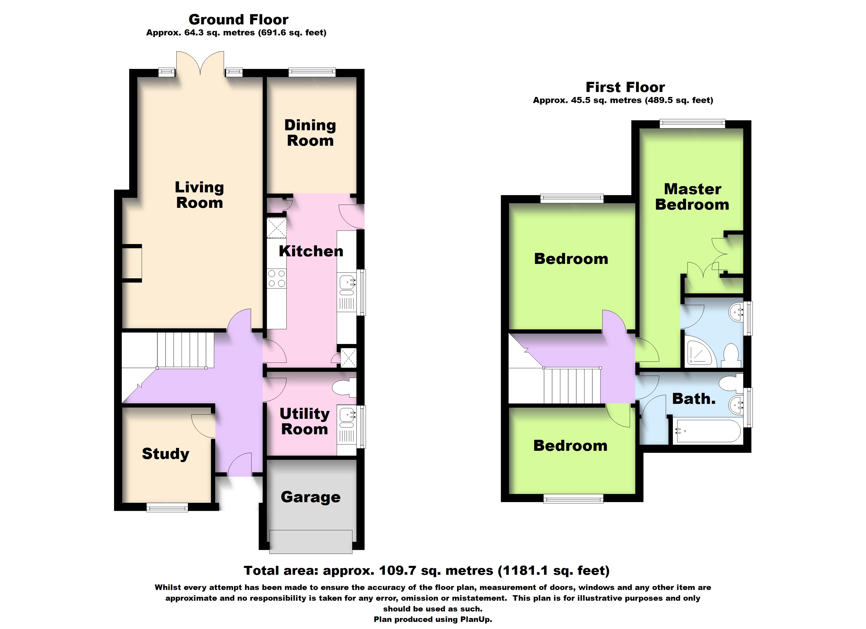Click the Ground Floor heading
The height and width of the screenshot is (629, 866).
click(238, 19)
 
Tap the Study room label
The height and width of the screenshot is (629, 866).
click(165, 454)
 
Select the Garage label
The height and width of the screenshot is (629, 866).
click(310, 497)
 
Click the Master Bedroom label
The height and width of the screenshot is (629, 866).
click(692, 197)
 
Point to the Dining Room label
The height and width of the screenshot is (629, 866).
click(310, 133)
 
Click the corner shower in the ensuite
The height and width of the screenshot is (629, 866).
click(699, 351)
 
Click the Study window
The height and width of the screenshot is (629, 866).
click(167, 507)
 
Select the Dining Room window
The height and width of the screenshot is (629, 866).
click(312, 72)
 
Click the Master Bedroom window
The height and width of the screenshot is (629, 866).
click(692, 123)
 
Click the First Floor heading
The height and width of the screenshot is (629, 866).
click(625, 87)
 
